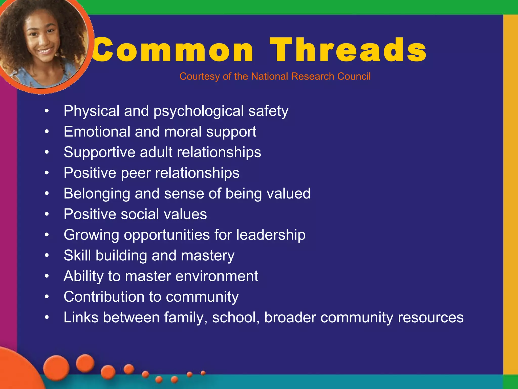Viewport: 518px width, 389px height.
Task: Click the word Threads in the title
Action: [348, 50]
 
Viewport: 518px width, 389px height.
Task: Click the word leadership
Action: [271, 235]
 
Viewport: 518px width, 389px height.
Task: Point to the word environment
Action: [217, 276]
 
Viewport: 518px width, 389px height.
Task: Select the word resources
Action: [430, 318]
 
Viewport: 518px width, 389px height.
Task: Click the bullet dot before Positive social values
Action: [47, 214]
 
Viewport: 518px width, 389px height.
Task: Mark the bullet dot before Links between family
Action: [47, 317]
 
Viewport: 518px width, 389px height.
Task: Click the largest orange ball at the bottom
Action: [56, 368]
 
